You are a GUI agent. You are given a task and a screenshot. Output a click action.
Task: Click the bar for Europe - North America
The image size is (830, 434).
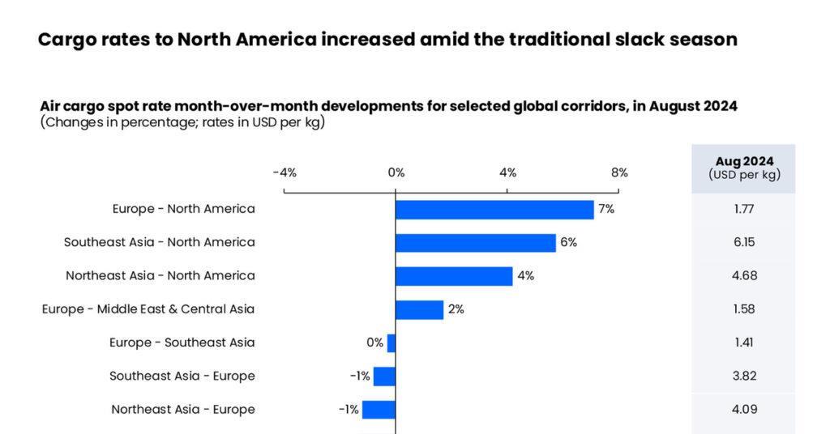pyautogui.click(x=494, y=210)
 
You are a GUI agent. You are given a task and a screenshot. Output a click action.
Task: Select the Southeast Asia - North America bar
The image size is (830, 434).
pyautogui.click(x=476, y=243)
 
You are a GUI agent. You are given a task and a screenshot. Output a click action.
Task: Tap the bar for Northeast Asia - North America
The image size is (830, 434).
pyautogui.click(x=454, y=276)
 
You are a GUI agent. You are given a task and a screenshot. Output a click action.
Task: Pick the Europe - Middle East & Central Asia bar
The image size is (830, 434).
pyautogui.click(x=419, y=309)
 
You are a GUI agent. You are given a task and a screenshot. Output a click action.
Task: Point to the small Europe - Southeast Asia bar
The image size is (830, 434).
pyautogui.click(x=391, y=343)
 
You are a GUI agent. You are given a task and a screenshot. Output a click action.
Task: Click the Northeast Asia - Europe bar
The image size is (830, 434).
pyautogui.click(x=379, y=409)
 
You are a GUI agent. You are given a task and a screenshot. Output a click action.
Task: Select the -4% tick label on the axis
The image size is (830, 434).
pyautogui.click(x=285, y=172)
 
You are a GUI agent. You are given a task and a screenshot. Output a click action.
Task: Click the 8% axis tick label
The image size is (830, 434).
pyautogui.click(x=619, y=172)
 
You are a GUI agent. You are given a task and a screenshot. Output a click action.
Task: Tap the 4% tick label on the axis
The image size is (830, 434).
pyautogui.click(x=507, y=172)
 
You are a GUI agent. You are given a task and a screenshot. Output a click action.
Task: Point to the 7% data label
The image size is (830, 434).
pyautogui.click(x=606, y=209)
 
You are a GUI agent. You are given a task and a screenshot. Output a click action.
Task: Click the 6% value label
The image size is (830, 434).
pyautogui.click(x=568, y=242)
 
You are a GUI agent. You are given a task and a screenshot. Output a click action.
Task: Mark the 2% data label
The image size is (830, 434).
pyautogui.click(x=456, y=309)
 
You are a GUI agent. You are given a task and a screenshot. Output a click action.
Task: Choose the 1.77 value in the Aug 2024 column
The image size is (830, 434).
pyautogui.click(x=743, y=209)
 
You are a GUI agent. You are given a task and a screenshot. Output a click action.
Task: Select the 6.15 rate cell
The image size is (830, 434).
pyautogui.click(x=743, y=242)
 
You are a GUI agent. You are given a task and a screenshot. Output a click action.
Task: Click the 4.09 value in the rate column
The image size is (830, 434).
pyautogui.click(x=743, y=409)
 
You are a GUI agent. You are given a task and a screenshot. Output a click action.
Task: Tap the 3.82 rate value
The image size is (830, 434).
pyautogui.click(x=743, y=376)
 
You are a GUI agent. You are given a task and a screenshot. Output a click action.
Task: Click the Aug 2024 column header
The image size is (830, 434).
pyautogui.click(x=743, y=168)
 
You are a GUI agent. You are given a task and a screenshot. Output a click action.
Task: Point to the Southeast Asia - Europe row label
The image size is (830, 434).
pyautogui.click(x=182, y=376)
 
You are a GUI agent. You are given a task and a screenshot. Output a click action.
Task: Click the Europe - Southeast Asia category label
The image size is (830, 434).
pyautogui.click(x=182, y=343)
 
